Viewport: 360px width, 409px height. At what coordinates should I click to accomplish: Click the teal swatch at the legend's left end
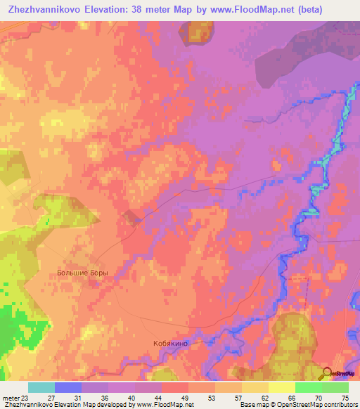41,387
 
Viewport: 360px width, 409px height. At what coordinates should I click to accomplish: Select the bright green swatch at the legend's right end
335,387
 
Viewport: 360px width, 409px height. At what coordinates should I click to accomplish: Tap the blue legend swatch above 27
68,387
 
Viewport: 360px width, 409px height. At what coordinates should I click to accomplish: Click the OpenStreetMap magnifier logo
326,373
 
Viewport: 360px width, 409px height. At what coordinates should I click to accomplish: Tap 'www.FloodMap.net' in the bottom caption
165,405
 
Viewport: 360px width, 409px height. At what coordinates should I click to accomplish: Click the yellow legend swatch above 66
281,387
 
